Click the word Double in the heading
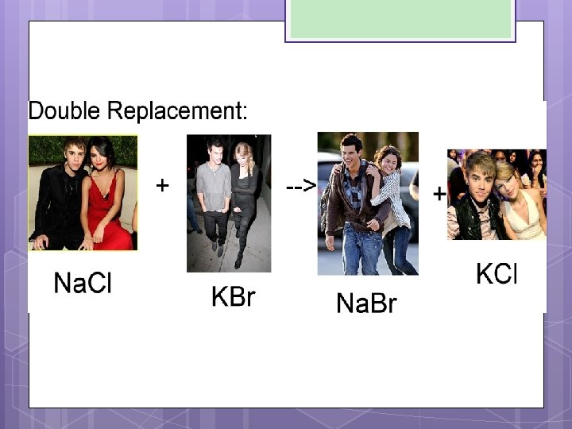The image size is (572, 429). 62,110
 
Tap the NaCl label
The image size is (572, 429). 82,283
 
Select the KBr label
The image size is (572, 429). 233,297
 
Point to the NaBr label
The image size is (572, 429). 366,303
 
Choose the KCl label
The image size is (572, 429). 497,275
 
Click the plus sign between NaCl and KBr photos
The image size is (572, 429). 162,186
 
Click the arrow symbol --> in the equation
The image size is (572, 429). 301,186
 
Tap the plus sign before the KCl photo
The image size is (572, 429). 439,193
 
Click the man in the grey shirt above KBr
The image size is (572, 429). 214,191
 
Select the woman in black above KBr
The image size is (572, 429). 243,199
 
